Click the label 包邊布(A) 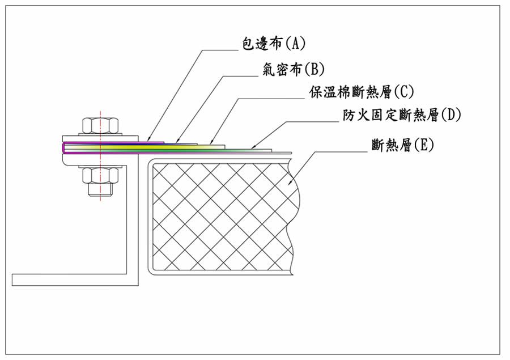pos(273,43)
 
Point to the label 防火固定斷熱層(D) pos(402,115)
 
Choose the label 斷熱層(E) pos(402,145)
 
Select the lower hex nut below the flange pos(101,175)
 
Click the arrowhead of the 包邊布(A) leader pos(147,139)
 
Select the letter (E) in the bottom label pos(424,145)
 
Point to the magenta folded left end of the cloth pos(62,147)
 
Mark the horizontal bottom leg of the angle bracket pos(74,279)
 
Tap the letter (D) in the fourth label pos(451,115)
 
